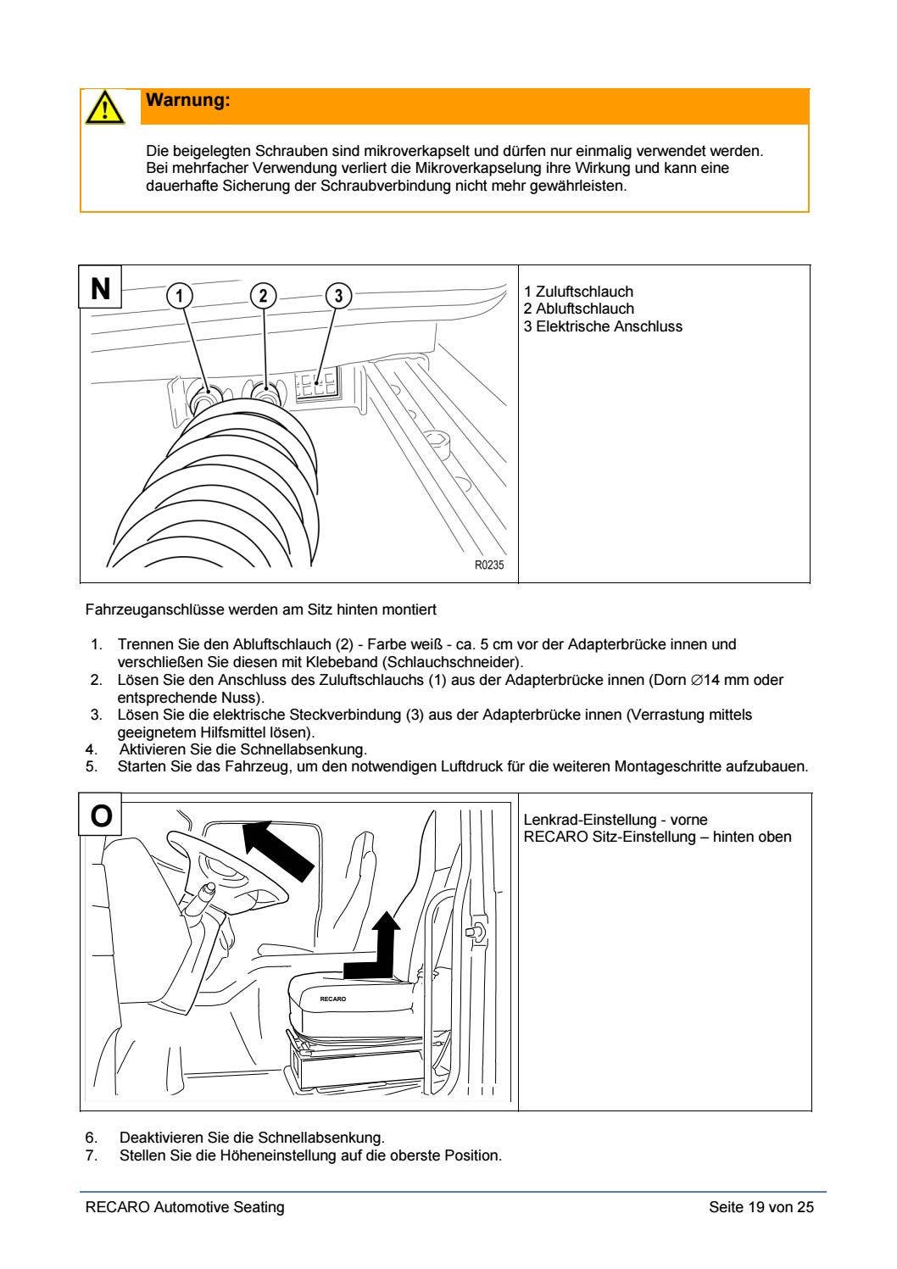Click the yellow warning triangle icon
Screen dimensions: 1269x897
102,108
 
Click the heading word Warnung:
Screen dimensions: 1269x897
188,101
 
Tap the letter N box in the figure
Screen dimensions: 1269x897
101,288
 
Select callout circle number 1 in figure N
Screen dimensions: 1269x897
179,295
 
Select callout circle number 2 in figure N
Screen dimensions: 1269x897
264,295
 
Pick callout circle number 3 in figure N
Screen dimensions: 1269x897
338,295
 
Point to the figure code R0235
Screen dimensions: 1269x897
488,565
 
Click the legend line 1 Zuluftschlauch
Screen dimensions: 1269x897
578,292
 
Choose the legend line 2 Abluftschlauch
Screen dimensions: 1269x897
578,309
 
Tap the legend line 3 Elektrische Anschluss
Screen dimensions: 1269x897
603,326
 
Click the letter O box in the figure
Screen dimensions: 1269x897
101,815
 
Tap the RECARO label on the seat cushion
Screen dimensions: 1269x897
332,999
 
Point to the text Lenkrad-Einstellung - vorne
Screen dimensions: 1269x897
616,820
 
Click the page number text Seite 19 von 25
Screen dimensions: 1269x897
760,1207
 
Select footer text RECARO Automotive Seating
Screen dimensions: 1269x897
185,1207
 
